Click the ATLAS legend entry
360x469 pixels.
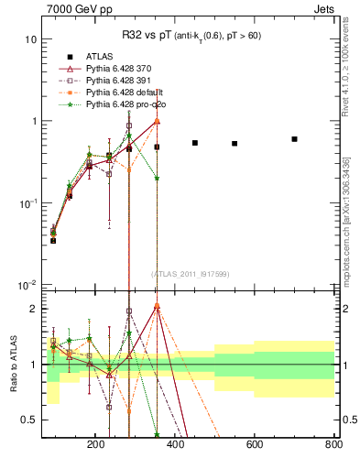100,56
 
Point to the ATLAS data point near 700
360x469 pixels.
294,139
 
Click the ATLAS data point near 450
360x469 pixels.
195,143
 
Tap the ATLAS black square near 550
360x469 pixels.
235,144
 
